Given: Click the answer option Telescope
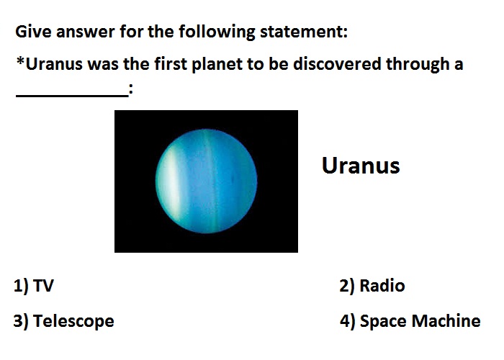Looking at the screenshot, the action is [x=73, y=321].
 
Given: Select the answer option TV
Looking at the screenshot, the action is [x=43, y=285].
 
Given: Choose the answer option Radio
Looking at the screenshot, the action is [x=382, y=285].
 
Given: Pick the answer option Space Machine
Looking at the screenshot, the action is [x=420, y=321].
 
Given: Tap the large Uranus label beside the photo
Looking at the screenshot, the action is [x=361, y=166].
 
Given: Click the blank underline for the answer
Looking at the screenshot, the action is [x=72, y=95].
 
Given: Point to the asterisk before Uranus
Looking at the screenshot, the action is [x=20, y=60].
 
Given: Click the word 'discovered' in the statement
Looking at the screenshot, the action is [x=337, y=63].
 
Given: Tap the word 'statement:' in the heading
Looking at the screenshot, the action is [x=303, y=32].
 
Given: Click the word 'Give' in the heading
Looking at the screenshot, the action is [x=33, y=32].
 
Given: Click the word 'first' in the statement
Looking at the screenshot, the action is [x=171, y=63].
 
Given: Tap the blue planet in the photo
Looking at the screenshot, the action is [x=206, y=181].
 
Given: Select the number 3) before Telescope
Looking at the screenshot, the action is [x=21, y=321].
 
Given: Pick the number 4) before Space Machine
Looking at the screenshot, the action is [x=348, y=321].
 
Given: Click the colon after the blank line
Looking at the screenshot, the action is [x=130, y=89].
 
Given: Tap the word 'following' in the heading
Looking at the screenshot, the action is [x=217, y=32].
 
